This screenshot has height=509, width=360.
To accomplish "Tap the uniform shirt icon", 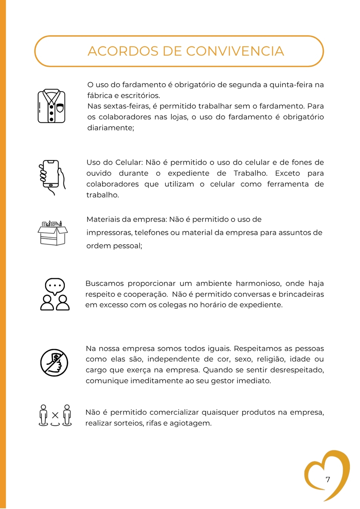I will pyautogui.click(x=51, y=106).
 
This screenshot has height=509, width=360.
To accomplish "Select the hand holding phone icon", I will pyautogui.click(x=52, y=177).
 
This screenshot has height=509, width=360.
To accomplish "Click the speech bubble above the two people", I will pyautogui.click(x=55, y=285).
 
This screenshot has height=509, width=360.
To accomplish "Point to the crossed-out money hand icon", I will pyautogui.click(x=54, y=362).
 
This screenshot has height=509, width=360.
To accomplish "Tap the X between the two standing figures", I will pyautogui.click(x=55, y=415).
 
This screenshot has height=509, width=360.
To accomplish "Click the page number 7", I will pyautogui.click(x=328, y=479).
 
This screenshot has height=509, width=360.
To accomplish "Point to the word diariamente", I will pyautogui.click(x=111, y=128).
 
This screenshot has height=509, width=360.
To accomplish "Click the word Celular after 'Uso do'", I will pyautogui.click(x=129, y=163).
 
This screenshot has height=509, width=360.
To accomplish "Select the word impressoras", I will pyautogui.click(x=109, y=233).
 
